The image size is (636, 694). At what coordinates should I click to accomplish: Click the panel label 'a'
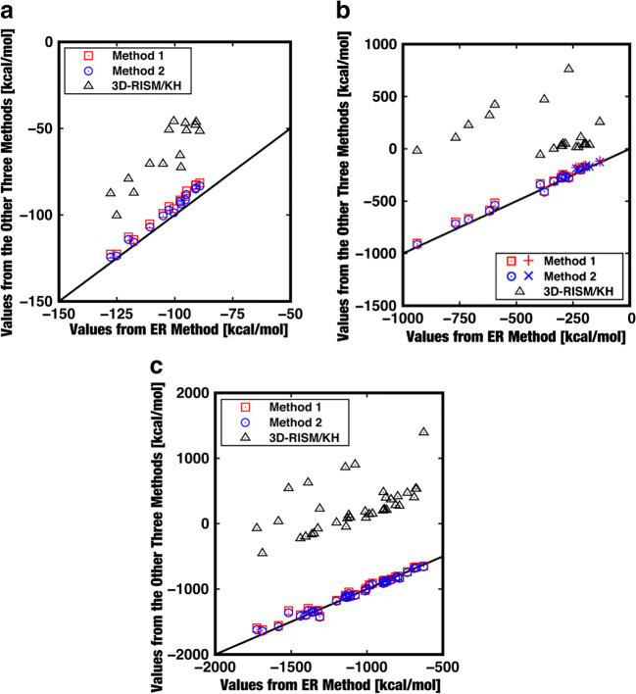pyautogui.click(x=9, y=10)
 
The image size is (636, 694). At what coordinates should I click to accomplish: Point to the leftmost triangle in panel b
pyautogui.click(x=417, y=150)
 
